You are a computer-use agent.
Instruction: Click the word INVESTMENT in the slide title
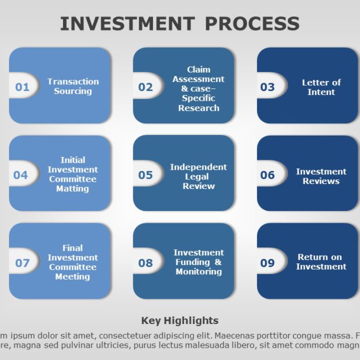(128, 24)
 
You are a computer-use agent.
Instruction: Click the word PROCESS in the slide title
(251, 24)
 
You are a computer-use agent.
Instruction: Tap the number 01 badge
(22, 87)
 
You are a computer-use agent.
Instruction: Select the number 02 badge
(146, 87)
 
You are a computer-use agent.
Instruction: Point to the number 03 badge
(268, 87)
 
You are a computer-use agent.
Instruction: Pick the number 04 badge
(21, 175)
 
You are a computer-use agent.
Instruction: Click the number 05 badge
(146, 175)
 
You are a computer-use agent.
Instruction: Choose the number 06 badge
(268, 175)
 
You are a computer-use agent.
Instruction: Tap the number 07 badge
(22, 263)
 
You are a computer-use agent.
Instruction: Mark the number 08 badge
(146, 263)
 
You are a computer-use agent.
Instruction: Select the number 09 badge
(268, 263)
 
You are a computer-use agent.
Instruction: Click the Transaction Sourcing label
(73, 86)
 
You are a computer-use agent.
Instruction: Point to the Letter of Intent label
(321, 87)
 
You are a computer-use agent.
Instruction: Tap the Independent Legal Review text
(199, 176)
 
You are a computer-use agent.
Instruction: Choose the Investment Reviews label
(321, 176)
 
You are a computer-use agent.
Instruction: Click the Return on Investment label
(321, 262)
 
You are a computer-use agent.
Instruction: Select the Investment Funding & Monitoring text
(199, 262)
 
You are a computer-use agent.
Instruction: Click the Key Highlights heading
(179, 321)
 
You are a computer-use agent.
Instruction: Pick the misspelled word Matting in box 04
(73, 189)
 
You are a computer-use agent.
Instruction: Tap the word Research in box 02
(199, 108)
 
